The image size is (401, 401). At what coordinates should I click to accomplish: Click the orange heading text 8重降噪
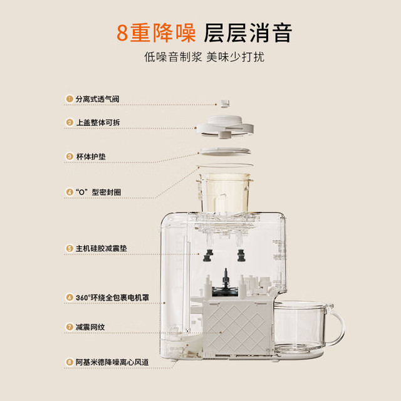(x=156, y=33)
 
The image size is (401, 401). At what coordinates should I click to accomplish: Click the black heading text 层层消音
(x=248, y=33)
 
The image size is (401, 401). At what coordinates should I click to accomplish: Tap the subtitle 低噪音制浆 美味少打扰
(x=204, y=57)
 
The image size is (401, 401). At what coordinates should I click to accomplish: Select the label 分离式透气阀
(x=98, y=99)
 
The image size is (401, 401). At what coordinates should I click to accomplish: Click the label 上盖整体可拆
(x=98, y=123)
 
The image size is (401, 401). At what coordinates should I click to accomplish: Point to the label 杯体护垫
(x=91, y=157)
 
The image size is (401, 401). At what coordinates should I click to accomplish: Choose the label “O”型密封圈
(x=98, y=192)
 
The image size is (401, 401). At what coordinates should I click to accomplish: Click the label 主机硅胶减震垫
(x=102, y=248)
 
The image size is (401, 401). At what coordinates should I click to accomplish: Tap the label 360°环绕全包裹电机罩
(x=112, y=298)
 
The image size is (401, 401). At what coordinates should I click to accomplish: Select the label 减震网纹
(x=90, y=327)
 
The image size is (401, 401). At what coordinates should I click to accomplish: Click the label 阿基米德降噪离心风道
(x=112, y=362)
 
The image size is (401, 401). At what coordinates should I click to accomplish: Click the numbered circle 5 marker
(x=70, y=248)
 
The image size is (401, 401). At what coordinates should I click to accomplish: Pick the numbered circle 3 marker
(x=70, y=157)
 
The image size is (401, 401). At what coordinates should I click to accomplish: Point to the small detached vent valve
(x=226, y=103)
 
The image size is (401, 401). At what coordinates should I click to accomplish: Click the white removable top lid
(x=225, y=127)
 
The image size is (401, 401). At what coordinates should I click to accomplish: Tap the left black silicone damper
(x=208, y=256)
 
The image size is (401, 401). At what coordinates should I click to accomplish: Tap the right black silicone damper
(x=241, y=256)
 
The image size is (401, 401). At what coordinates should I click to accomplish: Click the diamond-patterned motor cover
(x=237, y=328)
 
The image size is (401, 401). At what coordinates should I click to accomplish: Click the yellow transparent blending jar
(x=224, y=193)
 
